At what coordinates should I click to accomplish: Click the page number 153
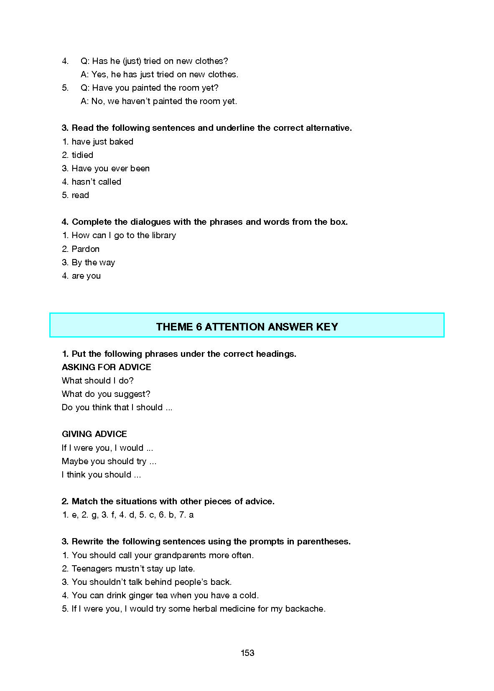click(247, 653)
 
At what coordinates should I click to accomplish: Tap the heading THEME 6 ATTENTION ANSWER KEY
click(247, 327)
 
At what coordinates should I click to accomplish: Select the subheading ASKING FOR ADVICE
click(106, 367)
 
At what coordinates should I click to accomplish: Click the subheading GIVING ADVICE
click(94, 434)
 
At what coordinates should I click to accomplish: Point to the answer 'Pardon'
click(85, 249)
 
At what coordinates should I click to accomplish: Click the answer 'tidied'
click(82, 155)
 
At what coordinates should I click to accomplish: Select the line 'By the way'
click(93, 262)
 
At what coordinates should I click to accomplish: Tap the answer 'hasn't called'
click(96, 182)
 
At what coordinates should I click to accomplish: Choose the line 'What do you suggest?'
click(106, 394)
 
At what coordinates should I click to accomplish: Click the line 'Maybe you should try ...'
click(109, 461)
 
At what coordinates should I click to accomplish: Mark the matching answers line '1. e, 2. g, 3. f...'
click(128, 515)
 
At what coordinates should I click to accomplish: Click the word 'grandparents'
click(180, 555)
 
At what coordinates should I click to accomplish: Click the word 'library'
click(163, 235)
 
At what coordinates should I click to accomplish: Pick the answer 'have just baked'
click(102, 142)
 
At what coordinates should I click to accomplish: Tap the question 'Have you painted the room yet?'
click(155, 88)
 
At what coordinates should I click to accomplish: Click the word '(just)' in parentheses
click(132, 61)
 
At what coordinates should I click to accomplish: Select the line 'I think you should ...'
click(101, 475)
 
